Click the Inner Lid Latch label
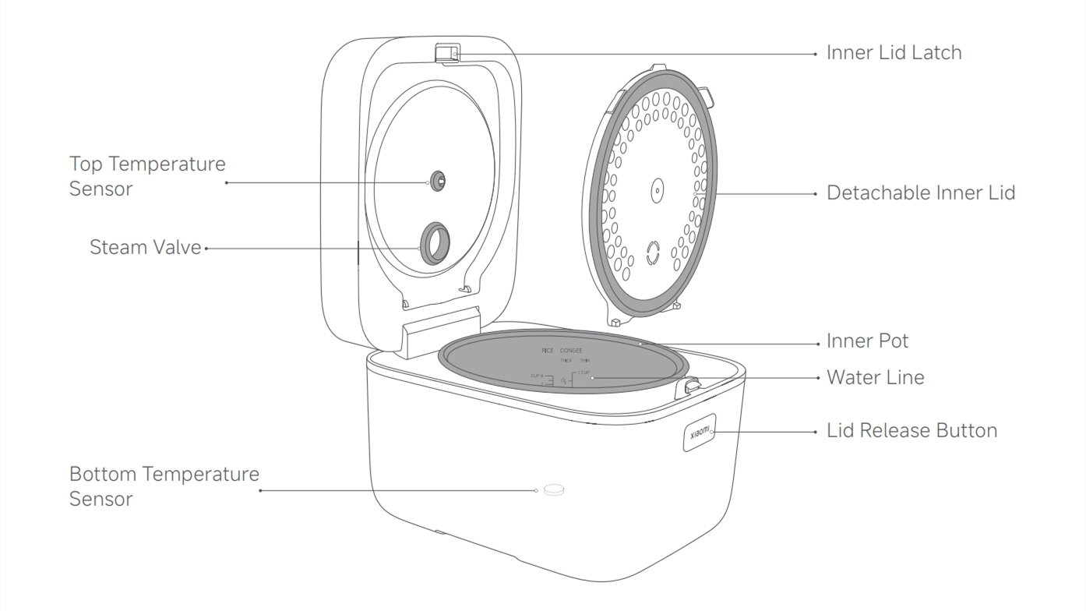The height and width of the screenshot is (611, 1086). coord(894,53)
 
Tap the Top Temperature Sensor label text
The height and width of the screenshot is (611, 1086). coord(147,176)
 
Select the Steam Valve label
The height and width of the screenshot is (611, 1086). coord(145,248)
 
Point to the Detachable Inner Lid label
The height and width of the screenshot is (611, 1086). coord(921,192)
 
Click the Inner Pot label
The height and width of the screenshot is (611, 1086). coord(867,341)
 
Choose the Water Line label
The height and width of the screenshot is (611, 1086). coord(875,378)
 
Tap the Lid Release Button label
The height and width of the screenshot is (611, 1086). coord(911,430)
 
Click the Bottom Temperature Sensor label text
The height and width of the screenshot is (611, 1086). coord(164,486)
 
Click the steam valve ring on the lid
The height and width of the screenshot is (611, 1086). coord(435,244)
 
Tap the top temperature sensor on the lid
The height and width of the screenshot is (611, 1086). coord(438,180)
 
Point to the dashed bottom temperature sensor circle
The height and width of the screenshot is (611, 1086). coord(554,490)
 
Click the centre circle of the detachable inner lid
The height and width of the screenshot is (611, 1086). coord(656,190)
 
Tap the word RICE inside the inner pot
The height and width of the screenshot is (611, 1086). coord(548,351)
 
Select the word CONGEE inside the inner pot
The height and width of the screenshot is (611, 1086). coord(571,351)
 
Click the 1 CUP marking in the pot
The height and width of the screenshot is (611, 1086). coord(583,373)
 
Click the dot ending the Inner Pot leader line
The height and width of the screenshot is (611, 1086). coord(639,342)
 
